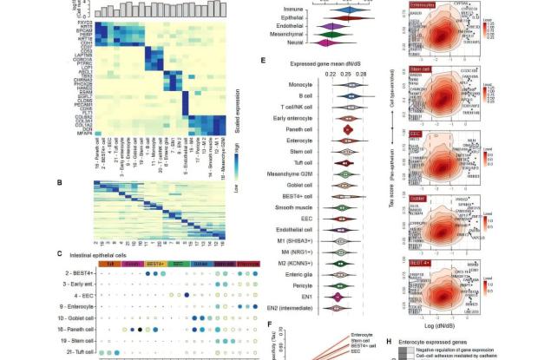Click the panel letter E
point(263,62)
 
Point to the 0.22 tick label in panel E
point(329,75)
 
